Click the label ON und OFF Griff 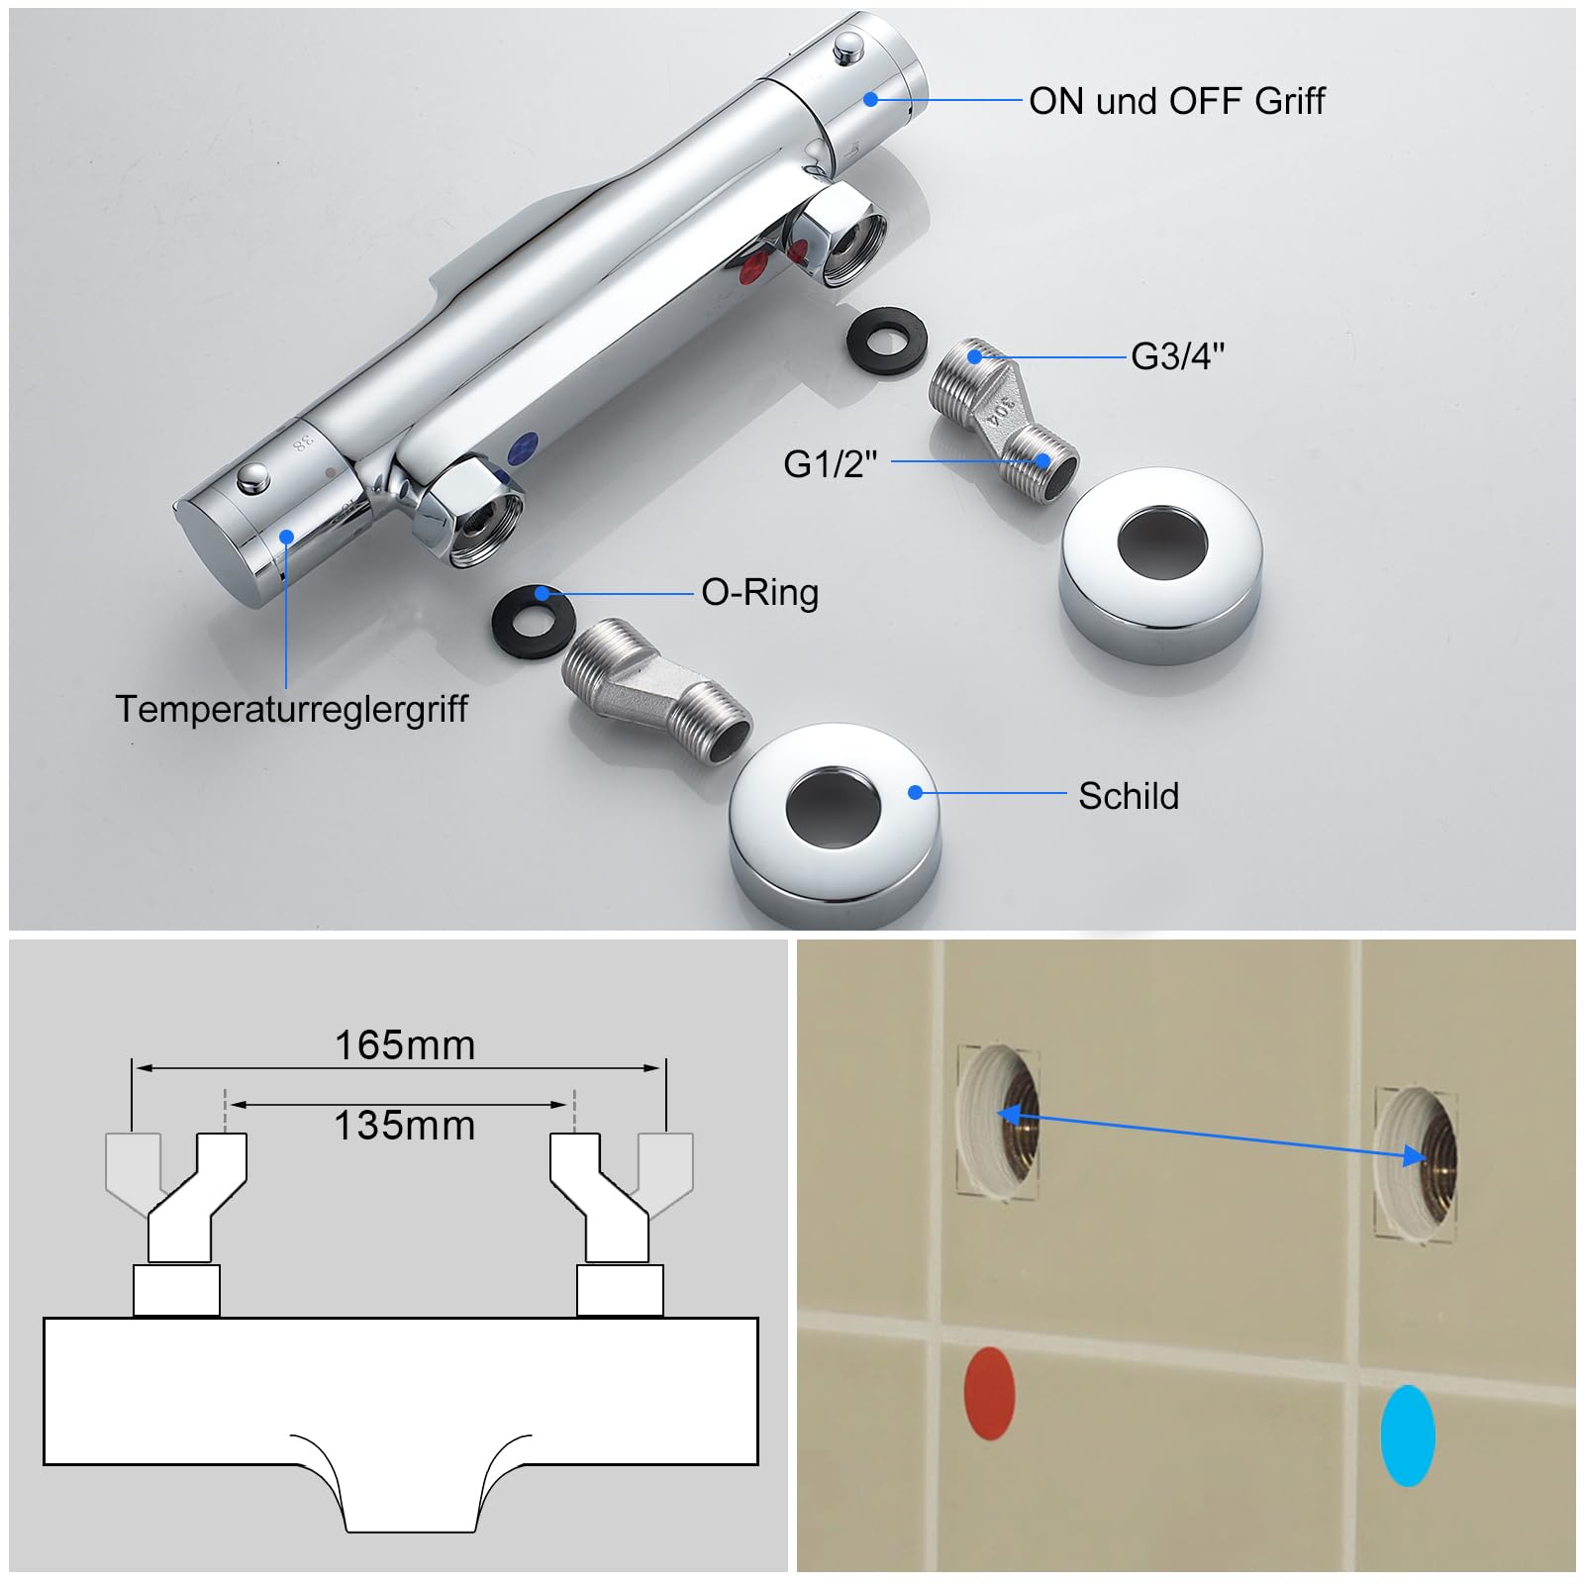[1176, 101]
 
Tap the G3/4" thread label [1178, 356]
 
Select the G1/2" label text [831, 463]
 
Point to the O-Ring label [760, 593]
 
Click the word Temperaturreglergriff [291, 709]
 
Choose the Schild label [1129, 796]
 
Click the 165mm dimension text [405, 1045]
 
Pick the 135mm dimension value [405, 1126]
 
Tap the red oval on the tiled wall [989, 1393]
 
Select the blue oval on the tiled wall [1408, 1435]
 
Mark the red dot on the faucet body [755, 266]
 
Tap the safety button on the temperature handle [253, 479]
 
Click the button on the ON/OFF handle [848, 46]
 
